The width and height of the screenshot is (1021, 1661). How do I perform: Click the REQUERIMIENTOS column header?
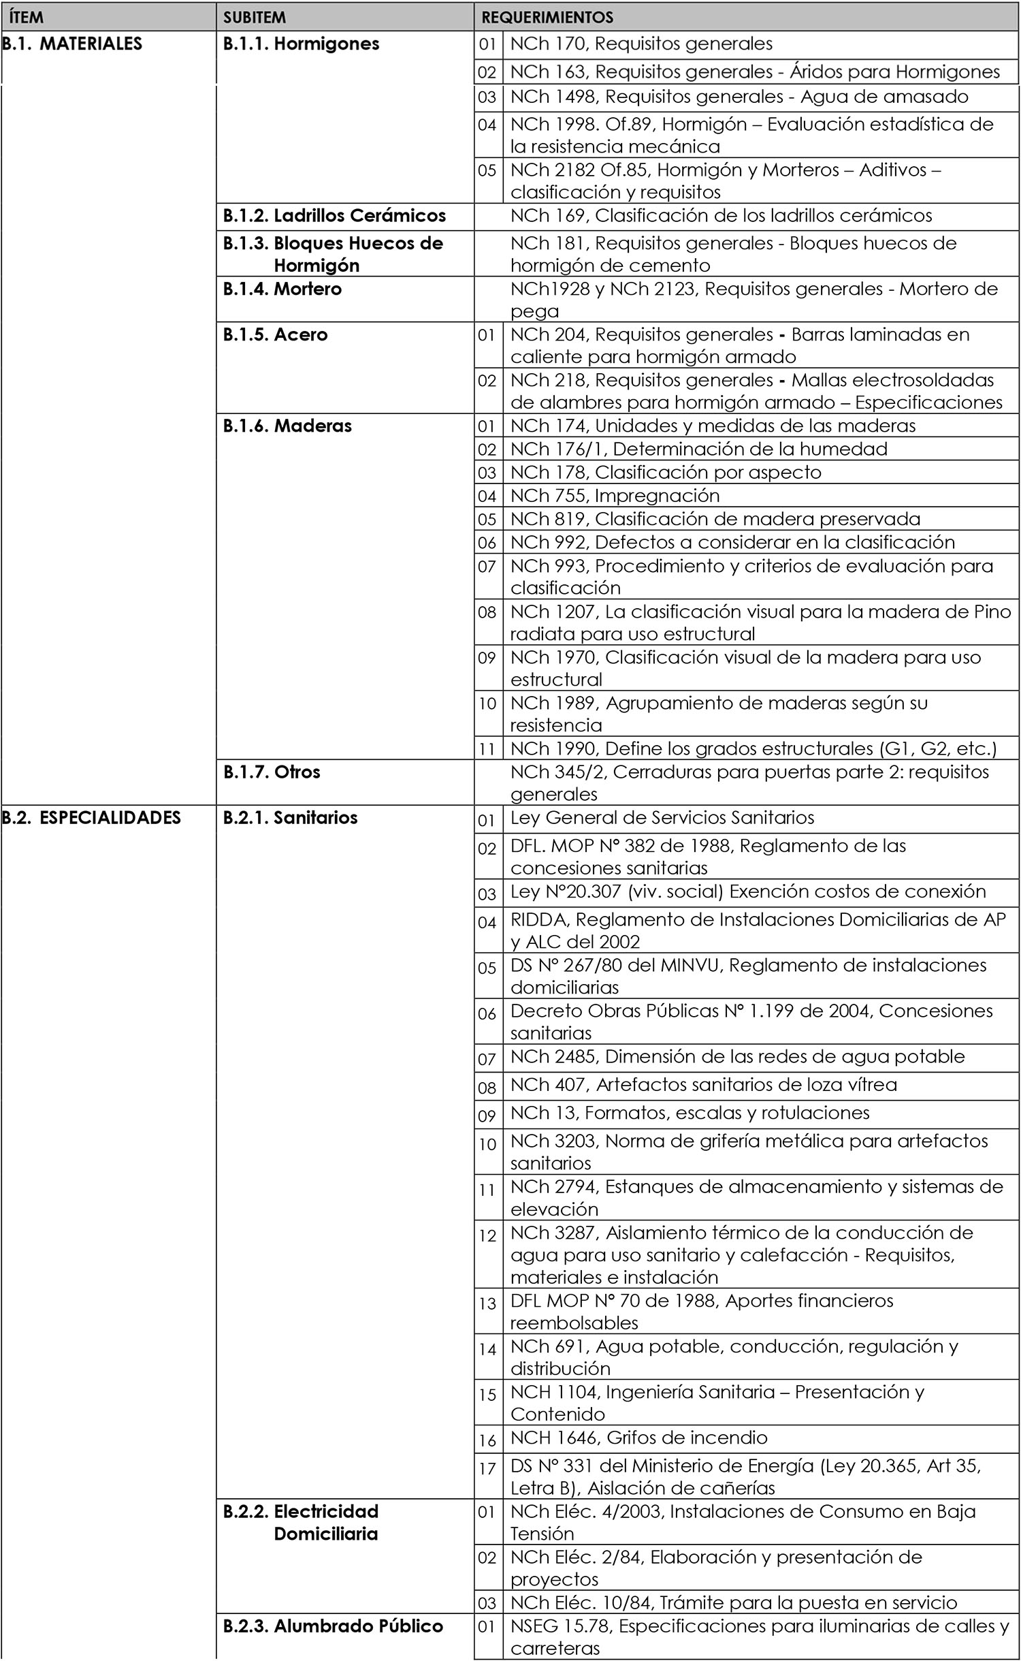click(547, 17)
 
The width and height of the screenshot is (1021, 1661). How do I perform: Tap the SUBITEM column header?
click(254, 17)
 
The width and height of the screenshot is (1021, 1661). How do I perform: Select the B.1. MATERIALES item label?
click(72, 44)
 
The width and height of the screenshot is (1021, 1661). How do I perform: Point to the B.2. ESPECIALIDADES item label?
click(92, 817)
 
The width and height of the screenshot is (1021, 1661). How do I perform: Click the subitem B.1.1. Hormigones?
click(301, 44)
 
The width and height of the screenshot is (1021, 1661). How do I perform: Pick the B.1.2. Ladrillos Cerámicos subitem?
click(334, 216)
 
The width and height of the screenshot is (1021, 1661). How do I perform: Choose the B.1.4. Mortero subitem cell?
click(282, 289)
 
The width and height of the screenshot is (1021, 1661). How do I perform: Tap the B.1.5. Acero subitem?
click(276, 334)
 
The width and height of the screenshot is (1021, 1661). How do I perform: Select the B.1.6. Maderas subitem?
click(287, 426)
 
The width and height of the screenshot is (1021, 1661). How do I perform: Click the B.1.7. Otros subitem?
click(272, 772)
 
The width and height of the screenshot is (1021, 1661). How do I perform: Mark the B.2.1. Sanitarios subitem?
click(290, 817)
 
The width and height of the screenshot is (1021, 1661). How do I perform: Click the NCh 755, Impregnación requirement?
click(615, 495)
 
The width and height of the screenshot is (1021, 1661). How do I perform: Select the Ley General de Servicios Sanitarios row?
click(662, 817)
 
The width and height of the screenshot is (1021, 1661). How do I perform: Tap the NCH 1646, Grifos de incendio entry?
click(638, 1438)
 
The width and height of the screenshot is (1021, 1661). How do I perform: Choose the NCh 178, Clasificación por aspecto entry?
click(666, 472)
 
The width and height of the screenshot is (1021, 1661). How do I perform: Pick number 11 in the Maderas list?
click(487, 749)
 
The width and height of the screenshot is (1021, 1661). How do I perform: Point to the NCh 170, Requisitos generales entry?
click(641, 44)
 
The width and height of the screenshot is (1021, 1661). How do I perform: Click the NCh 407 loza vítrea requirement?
click(703, 1084)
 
